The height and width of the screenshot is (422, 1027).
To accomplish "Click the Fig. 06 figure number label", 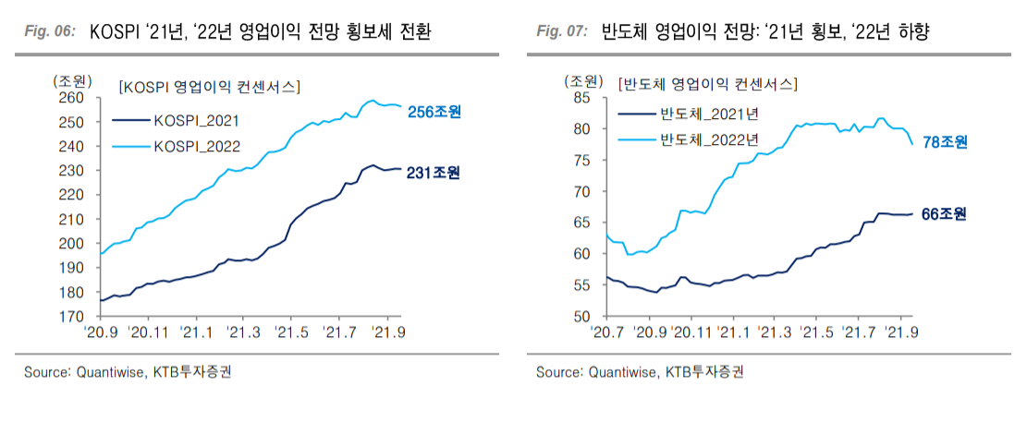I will click(x=48, y=31).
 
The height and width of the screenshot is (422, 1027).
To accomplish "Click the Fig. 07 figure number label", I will click(x=562, y=31).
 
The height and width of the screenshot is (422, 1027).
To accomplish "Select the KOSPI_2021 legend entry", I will click(x=196, y=119).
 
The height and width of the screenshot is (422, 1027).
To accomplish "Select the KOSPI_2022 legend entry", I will click(x=196, y=146).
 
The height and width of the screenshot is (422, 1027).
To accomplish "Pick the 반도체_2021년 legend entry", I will click(x=707, y=115).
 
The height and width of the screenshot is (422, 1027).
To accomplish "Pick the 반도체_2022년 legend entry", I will click(x=707, y=140).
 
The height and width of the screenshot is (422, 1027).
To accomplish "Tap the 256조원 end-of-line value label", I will click(x=434, y=113).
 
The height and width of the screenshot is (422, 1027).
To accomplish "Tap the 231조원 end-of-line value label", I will click(x=434, y=173).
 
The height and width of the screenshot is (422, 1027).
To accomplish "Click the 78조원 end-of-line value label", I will click(x=945, y=142).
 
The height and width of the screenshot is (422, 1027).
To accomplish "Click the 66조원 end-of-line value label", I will click(x=945, y=214).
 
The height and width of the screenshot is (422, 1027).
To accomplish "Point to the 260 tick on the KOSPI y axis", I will click(x=72, y=98).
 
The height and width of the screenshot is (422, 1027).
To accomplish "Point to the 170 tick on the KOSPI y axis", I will click(x=72, y=317).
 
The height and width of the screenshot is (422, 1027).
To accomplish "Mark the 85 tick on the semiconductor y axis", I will click(x=581, y=97).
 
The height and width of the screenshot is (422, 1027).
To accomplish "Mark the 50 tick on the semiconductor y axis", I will click(x=581, y=317).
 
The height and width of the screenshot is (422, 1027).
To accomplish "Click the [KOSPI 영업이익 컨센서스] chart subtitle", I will click(x=209, y=87).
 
